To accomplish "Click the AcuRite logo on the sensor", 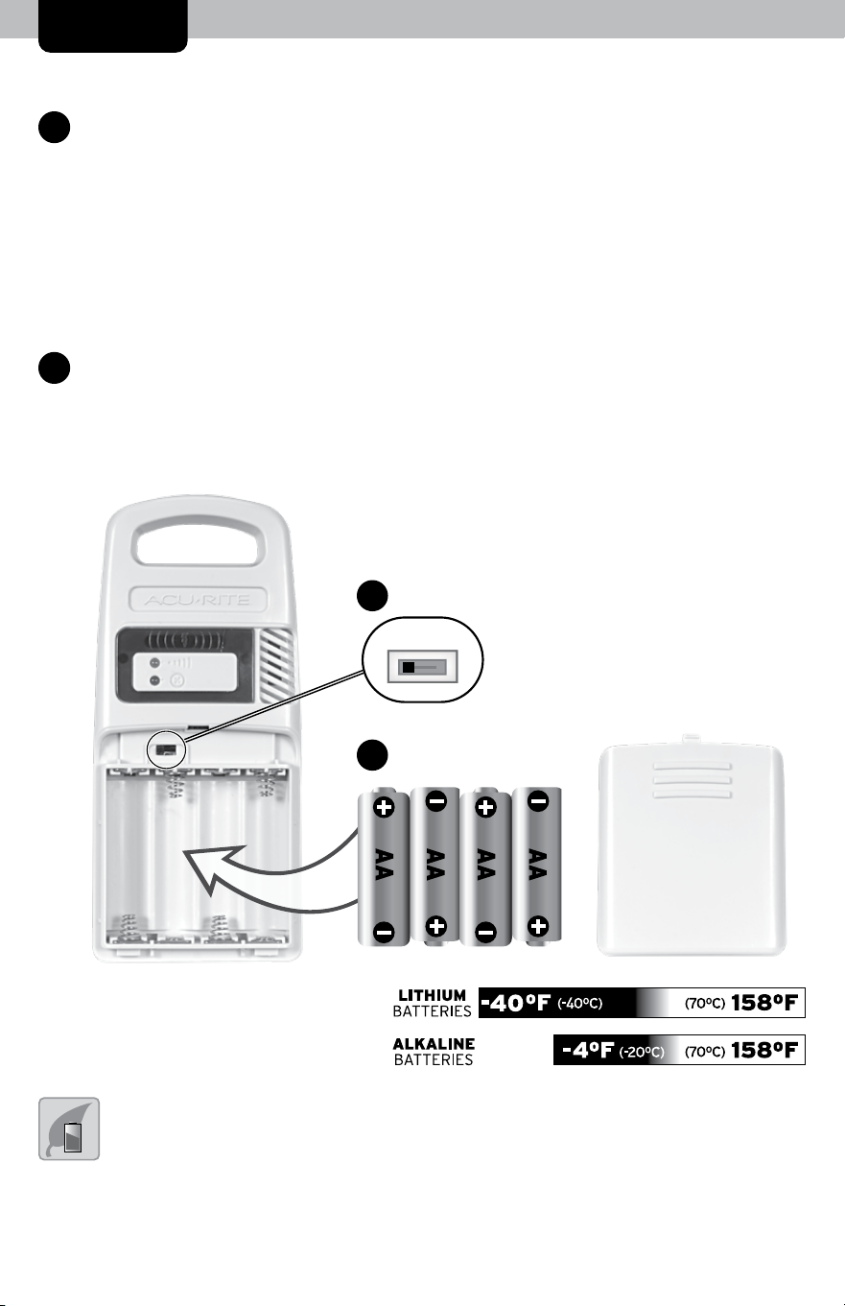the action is point(198,600).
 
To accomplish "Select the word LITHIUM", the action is point(433,995).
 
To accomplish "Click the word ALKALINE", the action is point(434,1044).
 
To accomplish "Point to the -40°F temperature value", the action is point(515,1003).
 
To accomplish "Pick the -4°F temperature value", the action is point(587,1051).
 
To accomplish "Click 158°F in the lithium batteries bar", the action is point(764,1003).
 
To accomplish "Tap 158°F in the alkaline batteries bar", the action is point(764,1051).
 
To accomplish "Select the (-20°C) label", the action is point(642,1052).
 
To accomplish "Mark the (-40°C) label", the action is point(580,1004).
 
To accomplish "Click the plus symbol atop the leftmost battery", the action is point(384,808).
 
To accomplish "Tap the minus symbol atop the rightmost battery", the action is point(538,801).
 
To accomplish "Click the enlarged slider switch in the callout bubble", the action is point(422,666).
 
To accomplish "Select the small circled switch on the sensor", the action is point(167,749).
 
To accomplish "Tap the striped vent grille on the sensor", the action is point(276,665).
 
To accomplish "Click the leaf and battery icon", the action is point(69,1128).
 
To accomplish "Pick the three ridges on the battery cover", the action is point(692,780).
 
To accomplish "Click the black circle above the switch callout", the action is point(372,596).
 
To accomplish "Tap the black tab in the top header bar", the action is point(112,26).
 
